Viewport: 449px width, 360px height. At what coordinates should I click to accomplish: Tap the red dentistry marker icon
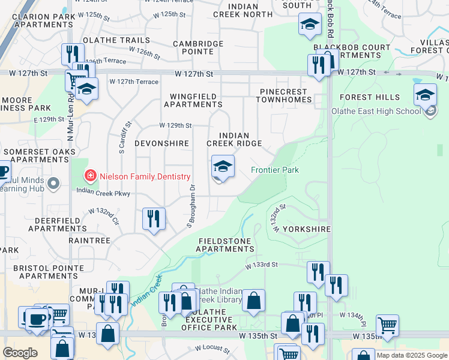tap(90, 176)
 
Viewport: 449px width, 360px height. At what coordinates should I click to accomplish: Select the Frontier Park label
tap(274, 170)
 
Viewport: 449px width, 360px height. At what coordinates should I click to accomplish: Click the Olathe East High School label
tap(376, 111)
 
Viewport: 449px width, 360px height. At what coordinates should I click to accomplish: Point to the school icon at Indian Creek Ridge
tap(223, 166)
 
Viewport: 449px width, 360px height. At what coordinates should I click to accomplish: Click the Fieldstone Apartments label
tap(226, 244)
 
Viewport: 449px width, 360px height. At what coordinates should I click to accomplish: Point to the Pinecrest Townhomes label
tap(283, 96)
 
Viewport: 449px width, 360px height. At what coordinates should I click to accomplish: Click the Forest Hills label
tap(369, 97)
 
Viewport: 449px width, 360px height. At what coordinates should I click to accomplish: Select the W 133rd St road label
tap(261, 264)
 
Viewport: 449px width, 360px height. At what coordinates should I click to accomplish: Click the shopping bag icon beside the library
tap(254, 301)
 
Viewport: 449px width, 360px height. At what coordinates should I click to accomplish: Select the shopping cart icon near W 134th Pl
tap(388, 326)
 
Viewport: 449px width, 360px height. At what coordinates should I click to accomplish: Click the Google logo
tap(20, 353)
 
